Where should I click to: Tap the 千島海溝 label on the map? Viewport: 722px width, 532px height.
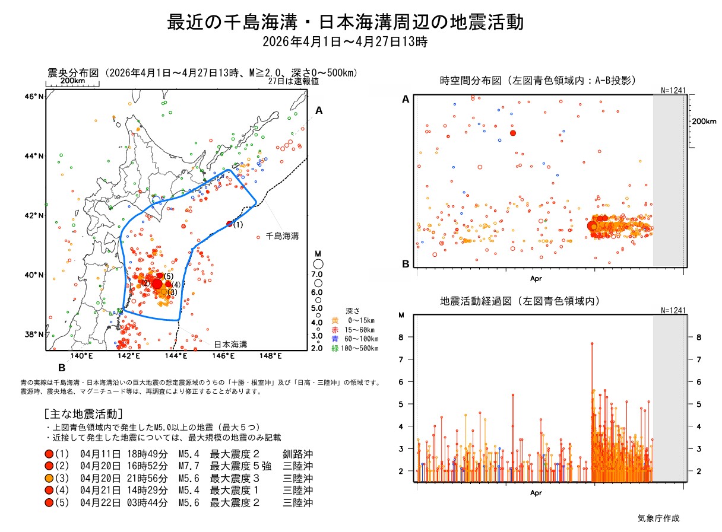(282, 236)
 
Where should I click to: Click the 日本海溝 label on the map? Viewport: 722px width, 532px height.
(230, 344)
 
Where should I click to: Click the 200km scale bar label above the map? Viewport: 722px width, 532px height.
(72, 81)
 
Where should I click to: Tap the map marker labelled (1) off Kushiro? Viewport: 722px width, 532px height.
(230, 224)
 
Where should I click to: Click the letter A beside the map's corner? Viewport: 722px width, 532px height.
(319, 110)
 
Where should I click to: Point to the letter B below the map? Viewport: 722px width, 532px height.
(61, 367)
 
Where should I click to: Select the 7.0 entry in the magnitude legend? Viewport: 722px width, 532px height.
(316, 275)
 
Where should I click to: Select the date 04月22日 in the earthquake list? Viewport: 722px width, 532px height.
(96, 503)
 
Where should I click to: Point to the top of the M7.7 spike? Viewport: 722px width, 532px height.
(592, 343)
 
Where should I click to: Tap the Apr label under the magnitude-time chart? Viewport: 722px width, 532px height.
(536, 493)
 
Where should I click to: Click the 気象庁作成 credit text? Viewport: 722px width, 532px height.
(658, 518)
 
